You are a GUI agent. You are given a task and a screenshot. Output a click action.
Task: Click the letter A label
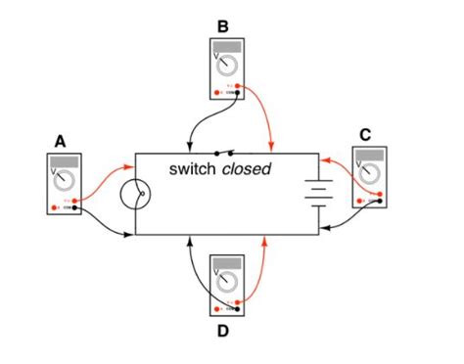point(61,140)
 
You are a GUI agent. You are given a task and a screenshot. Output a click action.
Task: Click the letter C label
point(365,135)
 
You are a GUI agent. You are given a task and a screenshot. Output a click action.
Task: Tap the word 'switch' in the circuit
point(192,169)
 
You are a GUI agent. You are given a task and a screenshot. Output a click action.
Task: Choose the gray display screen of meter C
point(370,156)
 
